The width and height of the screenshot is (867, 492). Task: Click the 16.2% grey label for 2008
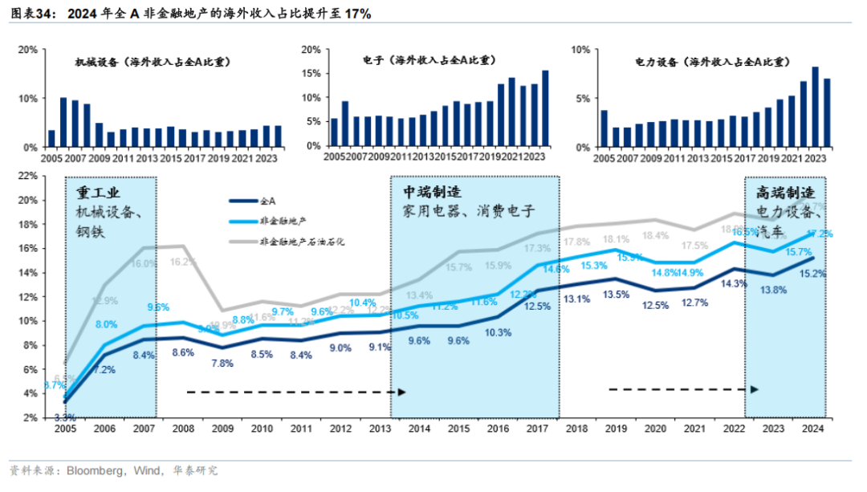point(183,262)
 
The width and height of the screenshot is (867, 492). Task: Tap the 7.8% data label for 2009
point(222,364)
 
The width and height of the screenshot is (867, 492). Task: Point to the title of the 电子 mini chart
point(428,60)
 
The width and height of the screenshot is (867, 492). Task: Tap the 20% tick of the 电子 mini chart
point(311,50)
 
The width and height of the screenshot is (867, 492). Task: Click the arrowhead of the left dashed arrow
point(403,392)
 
